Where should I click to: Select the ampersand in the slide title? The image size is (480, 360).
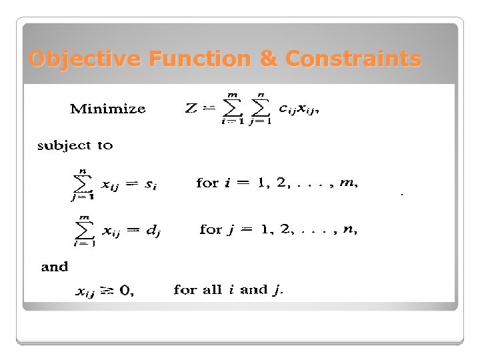pos(268,59)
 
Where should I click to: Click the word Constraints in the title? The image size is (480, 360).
pos(353,59)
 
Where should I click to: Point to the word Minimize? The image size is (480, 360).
pos(108,109)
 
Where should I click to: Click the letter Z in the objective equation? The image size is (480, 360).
pos(190,109)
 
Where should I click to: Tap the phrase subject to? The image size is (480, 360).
pos(75,145)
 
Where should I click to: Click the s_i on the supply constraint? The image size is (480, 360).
pos(151,184)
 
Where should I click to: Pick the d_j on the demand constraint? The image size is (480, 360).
pos(153,231)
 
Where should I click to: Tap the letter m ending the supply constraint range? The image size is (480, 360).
pos(347,183)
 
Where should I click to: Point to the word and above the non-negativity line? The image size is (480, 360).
pos(55,267)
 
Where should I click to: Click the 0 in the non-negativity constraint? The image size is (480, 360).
pos(125,291)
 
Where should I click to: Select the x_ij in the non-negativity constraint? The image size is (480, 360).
pos(85,292)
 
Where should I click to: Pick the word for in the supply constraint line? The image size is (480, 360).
pos(207,183)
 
